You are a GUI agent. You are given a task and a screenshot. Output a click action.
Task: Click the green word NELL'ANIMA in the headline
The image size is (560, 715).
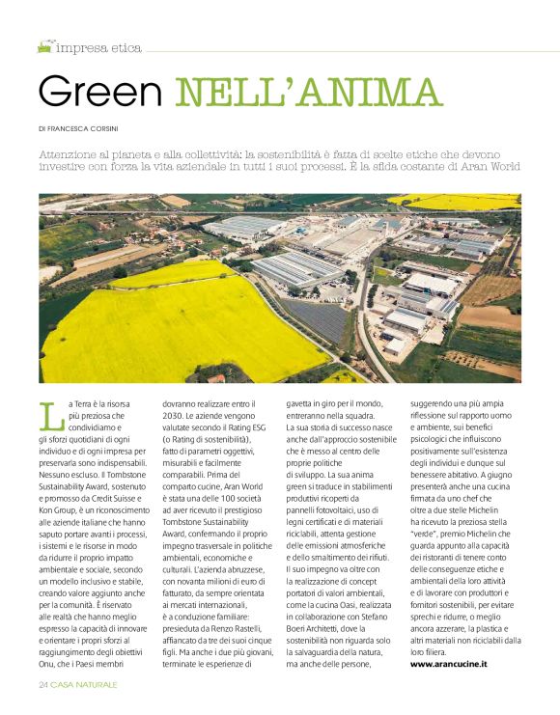click(x=306, y=92)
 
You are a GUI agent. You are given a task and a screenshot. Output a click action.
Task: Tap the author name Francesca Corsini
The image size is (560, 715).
click(x=97, y=128)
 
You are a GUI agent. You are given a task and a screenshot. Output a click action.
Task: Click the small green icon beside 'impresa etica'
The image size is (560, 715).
click(x=44, y=46)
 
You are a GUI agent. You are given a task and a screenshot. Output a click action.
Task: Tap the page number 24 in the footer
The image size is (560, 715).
click(x=44, y=684)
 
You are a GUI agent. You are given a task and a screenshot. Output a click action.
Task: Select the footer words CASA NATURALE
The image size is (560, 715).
click(x=86, y=684)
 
